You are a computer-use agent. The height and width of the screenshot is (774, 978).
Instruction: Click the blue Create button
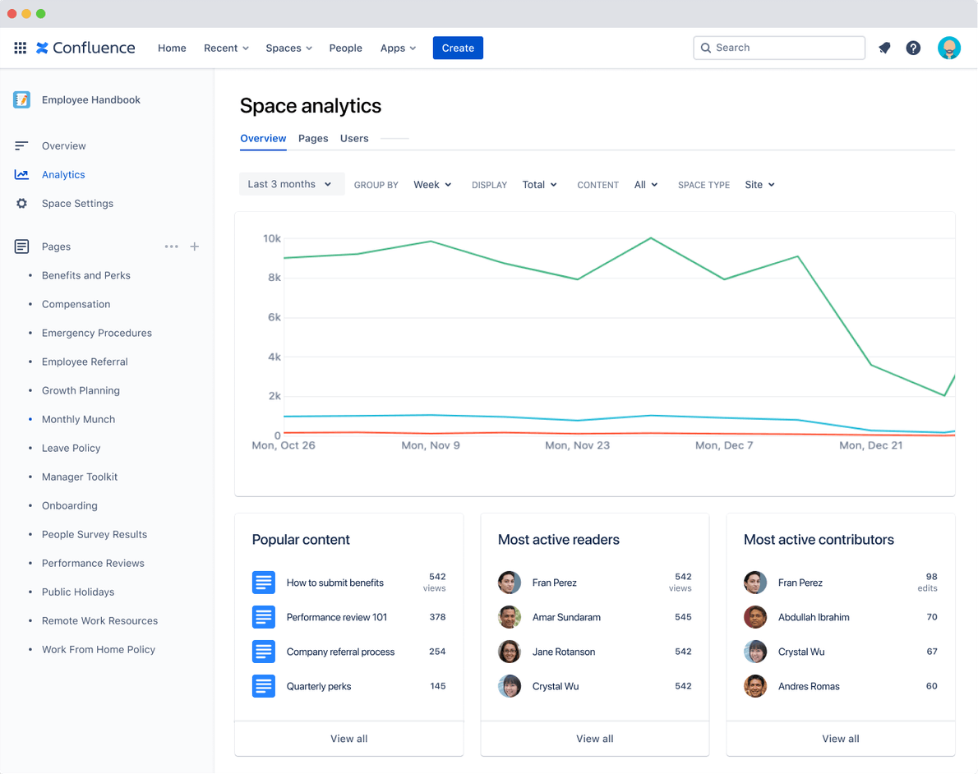tap(458, 48)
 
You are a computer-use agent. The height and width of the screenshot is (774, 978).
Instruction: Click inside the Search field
tap(779, 48)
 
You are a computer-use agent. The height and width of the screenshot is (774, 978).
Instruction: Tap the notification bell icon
tap(884, 48)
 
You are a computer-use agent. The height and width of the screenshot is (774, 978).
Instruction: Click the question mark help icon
tap(913, 48)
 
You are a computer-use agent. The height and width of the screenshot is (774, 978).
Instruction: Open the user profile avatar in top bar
tap(949, 48)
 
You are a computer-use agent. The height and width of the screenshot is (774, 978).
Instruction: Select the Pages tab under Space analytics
tap(313, 138)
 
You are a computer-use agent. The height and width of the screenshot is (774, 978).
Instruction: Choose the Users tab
tap(354, 138)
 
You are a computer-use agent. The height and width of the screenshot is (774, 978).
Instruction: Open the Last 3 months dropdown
tap(291, 184)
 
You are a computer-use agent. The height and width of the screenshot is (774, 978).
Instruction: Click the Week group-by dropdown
tap(432, 185)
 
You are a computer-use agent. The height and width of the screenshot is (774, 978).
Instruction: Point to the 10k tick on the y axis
tap(271, 238)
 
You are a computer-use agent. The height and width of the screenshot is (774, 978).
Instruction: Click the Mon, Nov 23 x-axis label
tap(577, 445)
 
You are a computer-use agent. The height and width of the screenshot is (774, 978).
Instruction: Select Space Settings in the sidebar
tap(77, 203)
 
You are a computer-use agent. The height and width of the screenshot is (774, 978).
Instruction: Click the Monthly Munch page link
tap(78, 419)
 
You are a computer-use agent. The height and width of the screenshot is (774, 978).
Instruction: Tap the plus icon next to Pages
tap(195, 246)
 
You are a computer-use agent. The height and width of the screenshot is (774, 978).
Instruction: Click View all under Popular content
tap(348, 739)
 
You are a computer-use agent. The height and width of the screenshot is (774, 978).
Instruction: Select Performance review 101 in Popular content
tap(336, 617)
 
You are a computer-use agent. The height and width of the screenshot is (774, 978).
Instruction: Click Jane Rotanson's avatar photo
tap(510, 652)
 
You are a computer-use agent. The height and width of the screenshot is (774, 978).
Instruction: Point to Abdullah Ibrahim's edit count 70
tap(931, 617)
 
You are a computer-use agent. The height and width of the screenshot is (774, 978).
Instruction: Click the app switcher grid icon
tap(21, 48)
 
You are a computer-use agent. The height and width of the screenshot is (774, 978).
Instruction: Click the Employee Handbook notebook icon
tap(22, 99)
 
